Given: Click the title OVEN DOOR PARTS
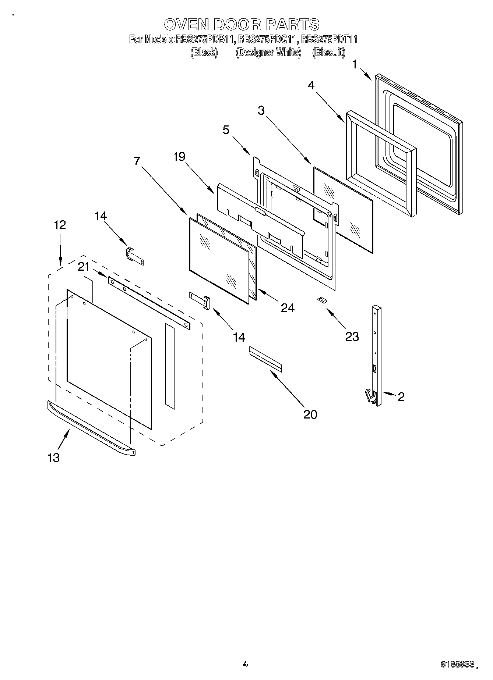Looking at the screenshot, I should tap(241, 24).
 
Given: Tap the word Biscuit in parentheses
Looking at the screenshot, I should tap(328, 53).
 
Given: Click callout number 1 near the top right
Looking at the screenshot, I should tap(354, 65).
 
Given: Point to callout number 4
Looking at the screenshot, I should tap(311, 86).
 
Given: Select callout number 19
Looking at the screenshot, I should tap(179, 157).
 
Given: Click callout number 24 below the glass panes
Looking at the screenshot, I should tap(288, 308).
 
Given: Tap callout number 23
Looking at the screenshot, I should tap(352, 336).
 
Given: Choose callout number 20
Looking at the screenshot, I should tap(310, 414).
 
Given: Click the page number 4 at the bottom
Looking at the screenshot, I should tap(245, 664).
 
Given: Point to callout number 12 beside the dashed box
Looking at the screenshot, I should tap(60, 225).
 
